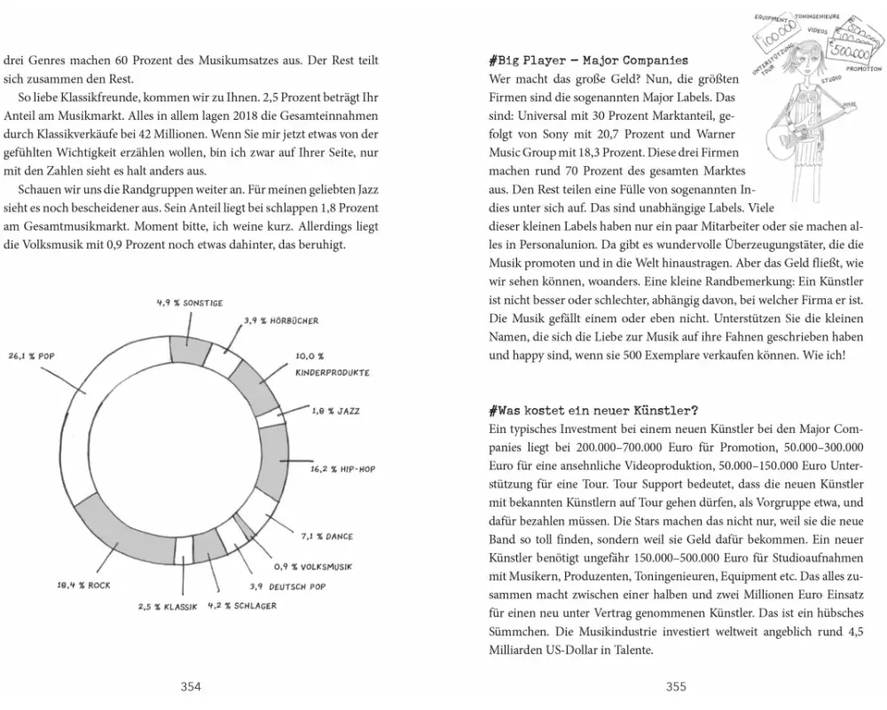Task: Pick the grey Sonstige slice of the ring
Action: click(x=189, y=347)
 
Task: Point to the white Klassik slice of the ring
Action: click(x=183, y=549)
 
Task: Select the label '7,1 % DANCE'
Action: click(x=326, y=536)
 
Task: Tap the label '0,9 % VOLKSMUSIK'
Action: click(x=313, y=566)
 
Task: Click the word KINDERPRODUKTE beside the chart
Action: click(x=332, y=374)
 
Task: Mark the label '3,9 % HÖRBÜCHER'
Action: click(x=281, y=320)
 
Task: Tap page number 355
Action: click(x=676, y=686)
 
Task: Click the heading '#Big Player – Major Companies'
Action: click(x=588, y=60)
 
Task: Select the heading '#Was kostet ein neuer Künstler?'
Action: click(x=593, y=410)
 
